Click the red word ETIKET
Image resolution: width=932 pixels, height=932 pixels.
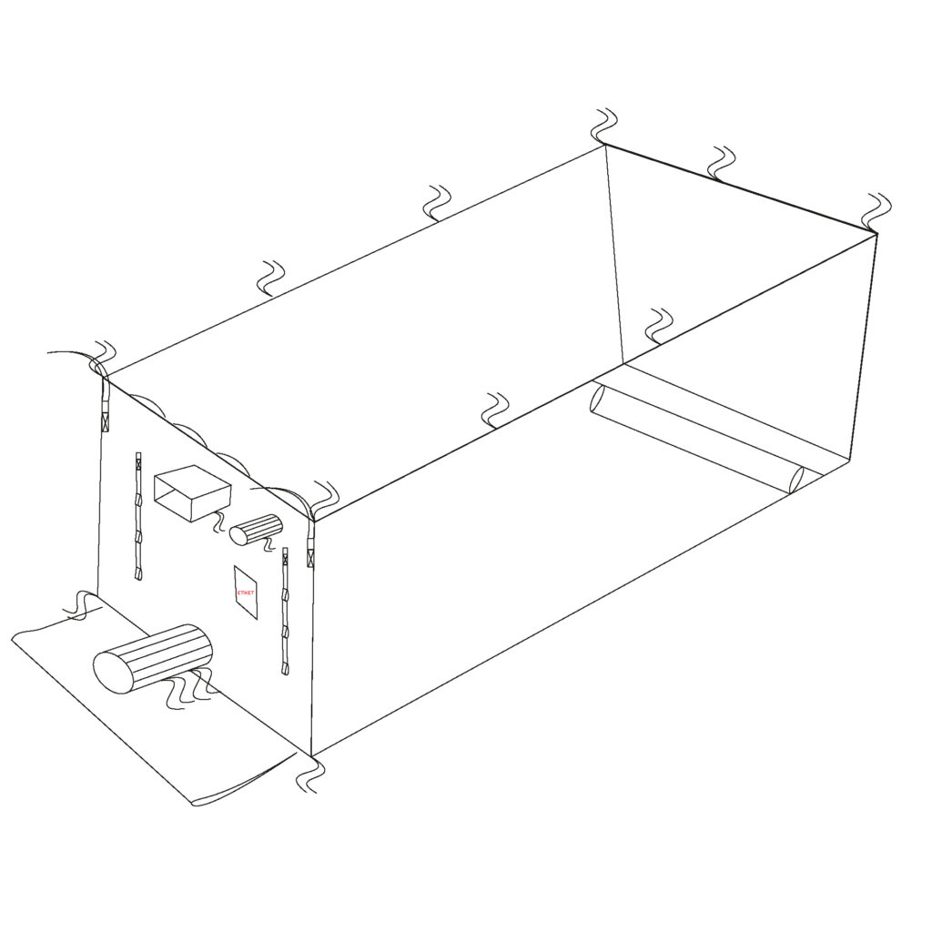coord(245,593)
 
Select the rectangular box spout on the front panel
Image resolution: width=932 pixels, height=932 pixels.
coord(192,492)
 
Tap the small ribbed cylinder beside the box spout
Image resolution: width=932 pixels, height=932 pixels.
coord(256,529)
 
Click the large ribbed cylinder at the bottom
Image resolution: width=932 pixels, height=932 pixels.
coord(153,658)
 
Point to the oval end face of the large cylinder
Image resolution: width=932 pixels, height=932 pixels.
coord(114,672)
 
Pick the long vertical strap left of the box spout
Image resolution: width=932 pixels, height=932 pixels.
coord(138,516)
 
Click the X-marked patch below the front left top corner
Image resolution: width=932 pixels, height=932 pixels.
coord(106,423)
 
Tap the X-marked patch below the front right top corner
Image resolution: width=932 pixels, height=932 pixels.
coord(309,559)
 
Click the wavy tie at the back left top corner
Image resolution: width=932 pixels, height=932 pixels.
coord(605,126)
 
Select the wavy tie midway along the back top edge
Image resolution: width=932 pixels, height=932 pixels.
coord(436,203)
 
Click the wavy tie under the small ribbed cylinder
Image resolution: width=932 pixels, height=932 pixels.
coord(269,544)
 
